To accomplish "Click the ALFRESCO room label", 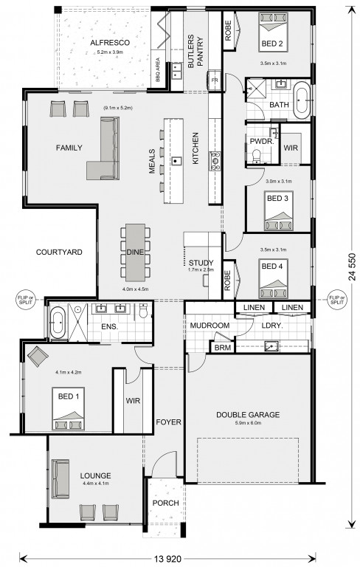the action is click(x=110, y=43).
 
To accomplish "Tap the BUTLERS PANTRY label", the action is click(x=195, y=52).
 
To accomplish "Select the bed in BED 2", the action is click(x=273, y=32).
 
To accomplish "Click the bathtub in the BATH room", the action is click(x=302, y=100).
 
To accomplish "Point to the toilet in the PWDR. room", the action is click(x=257, y=156).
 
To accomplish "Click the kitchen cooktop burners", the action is click(x=215, y=161).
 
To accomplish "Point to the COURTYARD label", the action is click(x=59, y=252).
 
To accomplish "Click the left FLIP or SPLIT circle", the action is click(x=25, y=300).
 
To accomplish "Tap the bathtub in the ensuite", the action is click(x=58, y=323).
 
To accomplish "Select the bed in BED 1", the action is click(x=69, y=408).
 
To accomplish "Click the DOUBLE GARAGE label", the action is click(x=248, y=414).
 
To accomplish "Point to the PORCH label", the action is click(x=165, y=503).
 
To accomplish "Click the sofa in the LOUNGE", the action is click(x=60, y=479).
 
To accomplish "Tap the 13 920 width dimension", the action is click(x=167, y=559).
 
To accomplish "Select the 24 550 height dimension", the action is click(x=352, y=267).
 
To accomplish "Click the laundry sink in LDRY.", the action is click(x=271, y=346).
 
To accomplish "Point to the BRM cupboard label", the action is click(x=222, y=348).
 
